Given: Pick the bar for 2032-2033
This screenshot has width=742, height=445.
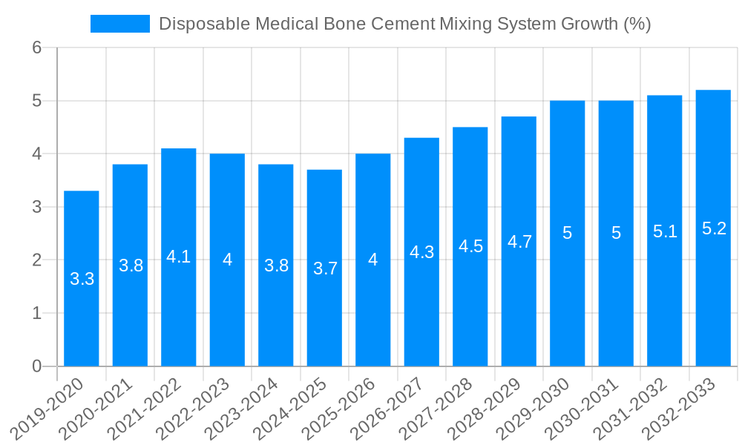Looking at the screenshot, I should (713, 311).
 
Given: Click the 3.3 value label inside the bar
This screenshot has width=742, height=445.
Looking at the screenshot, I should (82, 280).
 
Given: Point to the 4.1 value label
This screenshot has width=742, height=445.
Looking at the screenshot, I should (179, 257).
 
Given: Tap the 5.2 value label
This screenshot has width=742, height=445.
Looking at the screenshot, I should (713, 228).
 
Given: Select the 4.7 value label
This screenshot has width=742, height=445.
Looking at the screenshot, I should (519, 242).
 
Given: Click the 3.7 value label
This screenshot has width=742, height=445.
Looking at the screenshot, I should (324, 268).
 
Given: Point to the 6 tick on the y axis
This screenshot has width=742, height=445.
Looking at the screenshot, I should (37, 47).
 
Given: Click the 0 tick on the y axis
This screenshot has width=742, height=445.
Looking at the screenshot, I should (37, 366).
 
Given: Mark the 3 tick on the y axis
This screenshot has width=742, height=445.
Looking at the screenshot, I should (37, 207).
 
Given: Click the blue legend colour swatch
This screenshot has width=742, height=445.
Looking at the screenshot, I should (119, 24).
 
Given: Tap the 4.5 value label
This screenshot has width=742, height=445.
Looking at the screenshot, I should (470, 247).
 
